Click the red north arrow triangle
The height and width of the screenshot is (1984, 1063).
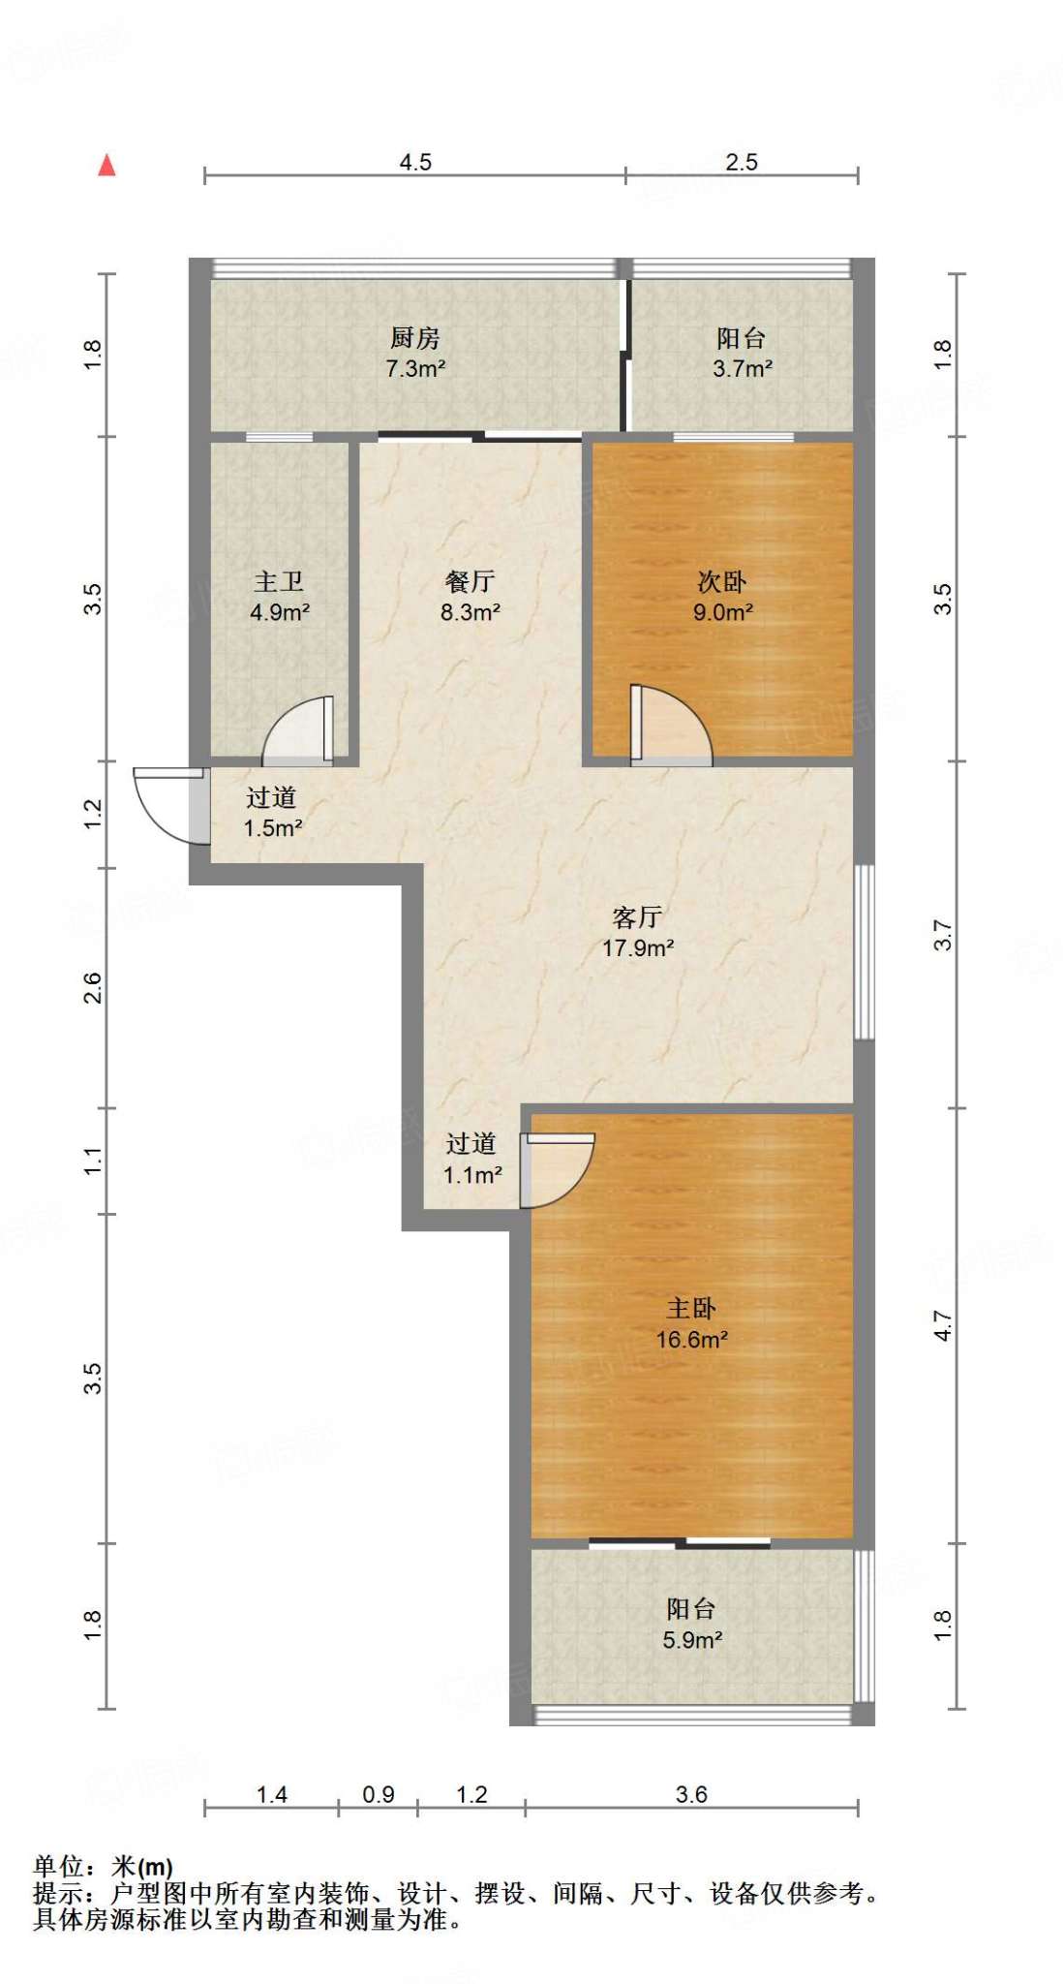tap(107, 166)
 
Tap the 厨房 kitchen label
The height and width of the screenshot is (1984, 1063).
tap(415, 338)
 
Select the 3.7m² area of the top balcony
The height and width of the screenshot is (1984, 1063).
tap(743, 368)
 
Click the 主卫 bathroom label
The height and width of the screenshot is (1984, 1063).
tap(279, 581)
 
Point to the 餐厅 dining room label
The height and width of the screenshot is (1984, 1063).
tap(471, 581)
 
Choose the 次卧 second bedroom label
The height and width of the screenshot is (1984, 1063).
tap(722, 581)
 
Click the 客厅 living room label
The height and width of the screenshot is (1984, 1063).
tap(638, 916)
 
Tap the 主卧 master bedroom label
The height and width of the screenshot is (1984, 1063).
tap(691, 1309)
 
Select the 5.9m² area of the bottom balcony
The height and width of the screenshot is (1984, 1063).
tap(692, 1640)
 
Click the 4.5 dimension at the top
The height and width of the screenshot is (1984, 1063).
tap(415, 162)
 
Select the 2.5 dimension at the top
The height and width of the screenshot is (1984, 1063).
tap(742, 162)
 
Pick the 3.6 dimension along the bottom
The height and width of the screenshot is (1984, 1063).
tap(691, 1795)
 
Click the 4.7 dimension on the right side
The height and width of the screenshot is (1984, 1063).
tap(943, 1325)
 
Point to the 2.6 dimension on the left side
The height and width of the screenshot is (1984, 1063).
tap(92, 987)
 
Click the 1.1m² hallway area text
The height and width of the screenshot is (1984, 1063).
tap(472, 1175)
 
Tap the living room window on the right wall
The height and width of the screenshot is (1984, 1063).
tap(865, 952)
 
